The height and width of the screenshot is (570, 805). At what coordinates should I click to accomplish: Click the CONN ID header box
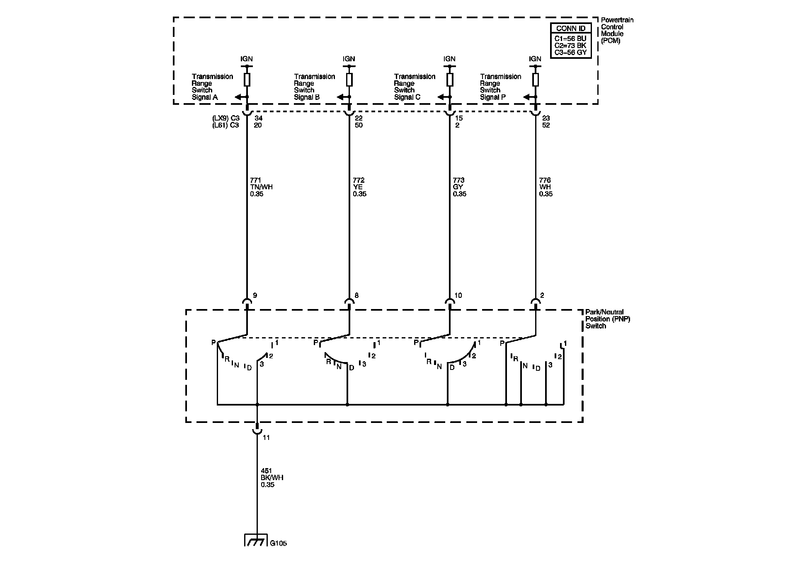570,29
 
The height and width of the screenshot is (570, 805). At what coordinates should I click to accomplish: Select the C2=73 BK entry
570,46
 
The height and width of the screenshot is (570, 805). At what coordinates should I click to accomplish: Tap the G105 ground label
278,543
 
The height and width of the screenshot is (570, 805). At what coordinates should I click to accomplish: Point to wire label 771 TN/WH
261,187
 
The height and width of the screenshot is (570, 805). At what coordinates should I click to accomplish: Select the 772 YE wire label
359,187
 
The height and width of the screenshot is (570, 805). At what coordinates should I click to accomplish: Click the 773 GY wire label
459,187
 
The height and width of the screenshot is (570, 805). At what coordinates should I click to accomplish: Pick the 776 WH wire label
546,187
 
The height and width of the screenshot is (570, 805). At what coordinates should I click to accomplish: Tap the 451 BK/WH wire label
272,477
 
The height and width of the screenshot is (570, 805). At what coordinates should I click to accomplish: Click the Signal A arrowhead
239,97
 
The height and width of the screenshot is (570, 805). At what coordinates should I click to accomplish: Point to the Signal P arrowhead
527,97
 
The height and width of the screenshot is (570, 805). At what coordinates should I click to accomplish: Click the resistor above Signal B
349,80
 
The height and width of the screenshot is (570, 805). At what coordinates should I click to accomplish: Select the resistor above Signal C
450,80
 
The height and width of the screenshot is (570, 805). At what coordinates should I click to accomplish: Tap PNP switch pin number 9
255,295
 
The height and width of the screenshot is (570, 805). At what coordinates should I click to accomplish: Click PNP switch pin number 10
458,295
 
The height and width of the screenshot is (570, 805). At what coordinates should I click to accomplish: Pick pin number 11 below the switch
266,437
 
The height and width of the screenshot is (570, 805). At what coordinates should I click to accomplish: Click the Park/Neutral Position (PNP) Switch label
607,319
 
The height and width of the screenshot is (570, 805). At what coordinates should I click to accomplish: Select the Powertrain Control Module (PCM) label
617,30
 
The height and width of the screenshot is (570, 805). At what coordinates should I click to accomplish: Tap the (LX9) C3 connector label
225,118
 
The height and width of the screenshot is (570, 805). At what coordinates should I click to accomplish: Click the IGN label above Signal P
535,59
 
